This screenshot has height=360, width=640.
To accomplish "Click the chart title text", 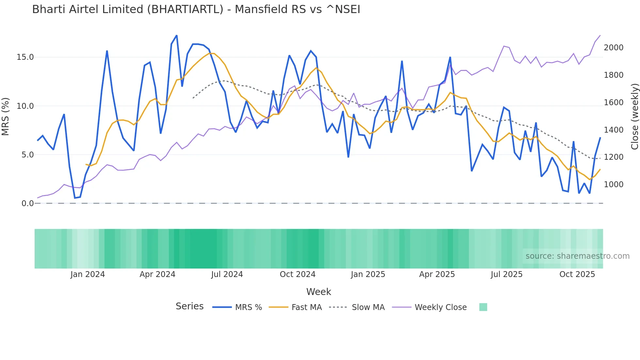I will pos(196,9).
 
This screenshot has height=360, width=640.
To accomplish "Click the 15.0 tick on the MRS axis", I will pos(25,57).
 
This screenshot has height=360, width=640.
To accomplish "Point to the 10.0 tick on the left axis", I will pos(25,106).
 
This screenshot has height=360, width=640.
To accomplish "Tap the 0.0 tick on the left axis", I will pos(27,204).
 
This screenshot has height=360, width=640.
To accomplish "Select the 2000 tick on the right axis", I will pos(614,48).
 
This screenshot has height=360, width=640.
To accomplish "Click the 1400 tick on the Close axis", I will pos(614,130).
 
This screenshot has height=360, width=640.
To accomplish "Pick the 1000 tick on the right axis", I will pos(614,185).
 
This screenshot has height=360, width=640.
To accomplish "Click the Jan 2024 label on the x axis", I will pos(88,274).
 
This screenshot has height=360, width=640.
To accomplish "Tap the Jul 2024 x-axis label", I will pos(227,274).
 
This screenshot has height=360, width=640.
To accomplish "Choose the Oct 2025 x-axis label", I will pos(577,274).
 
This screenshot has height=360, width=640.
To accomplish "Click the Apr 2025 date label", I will pos(437,274).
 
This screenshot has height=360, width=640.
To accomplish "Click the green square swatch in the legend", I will pos(483,307).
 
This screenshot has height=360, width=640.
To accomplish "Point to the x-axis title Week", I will pos(318,292).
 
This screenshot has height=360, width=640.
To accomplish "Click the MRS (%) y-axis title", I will pos(6,117).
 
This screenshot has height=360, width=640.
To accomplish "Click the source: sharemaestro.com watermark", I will pos(577,256).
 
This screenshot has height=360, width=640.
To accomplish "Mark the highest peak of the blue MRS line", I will pos(177,36).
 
